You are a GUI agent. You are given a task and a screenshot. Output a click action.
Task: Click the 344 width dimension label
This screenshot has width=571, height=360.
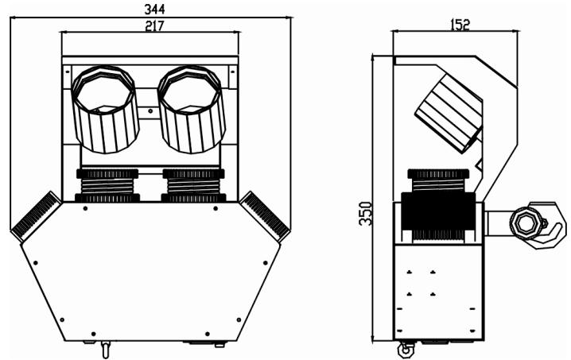(x=150, y=8)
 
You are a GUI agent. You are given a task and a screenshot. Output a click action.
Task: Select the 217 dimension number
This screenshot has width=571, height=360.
(x=150, y=25)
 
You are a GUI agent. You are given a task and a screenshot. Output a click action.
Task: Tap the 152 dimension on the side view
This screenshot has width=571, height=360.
(x=459, y=25)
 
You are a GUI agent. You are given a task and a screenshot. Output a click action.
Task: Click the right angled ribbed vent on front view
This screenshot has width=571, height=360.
(x=265, y=215)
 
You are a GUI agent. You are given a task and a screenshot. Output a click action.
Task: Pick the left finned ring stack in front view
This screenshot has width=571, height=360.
(x=107, y=185)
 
